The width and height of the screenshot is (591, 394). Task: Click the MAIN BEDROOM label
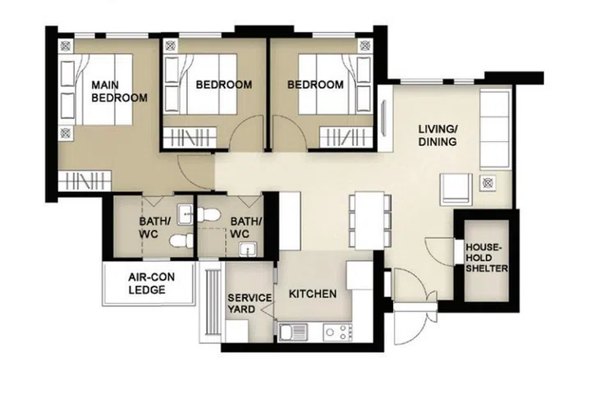(x=119, y=91)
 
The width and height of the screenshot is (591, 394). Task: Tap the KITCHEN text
(x=312, y=294)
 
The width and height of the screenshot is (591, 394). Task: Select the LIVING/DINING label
(x=438, y=135)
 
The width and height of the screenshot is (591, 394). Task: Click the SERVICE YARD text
(x=245, y=304)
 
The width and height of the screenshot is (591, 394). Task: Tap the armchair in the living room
(x=456, y=189)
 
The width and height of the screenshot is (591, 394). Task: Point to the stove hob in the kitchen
(x=337, y=332)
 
